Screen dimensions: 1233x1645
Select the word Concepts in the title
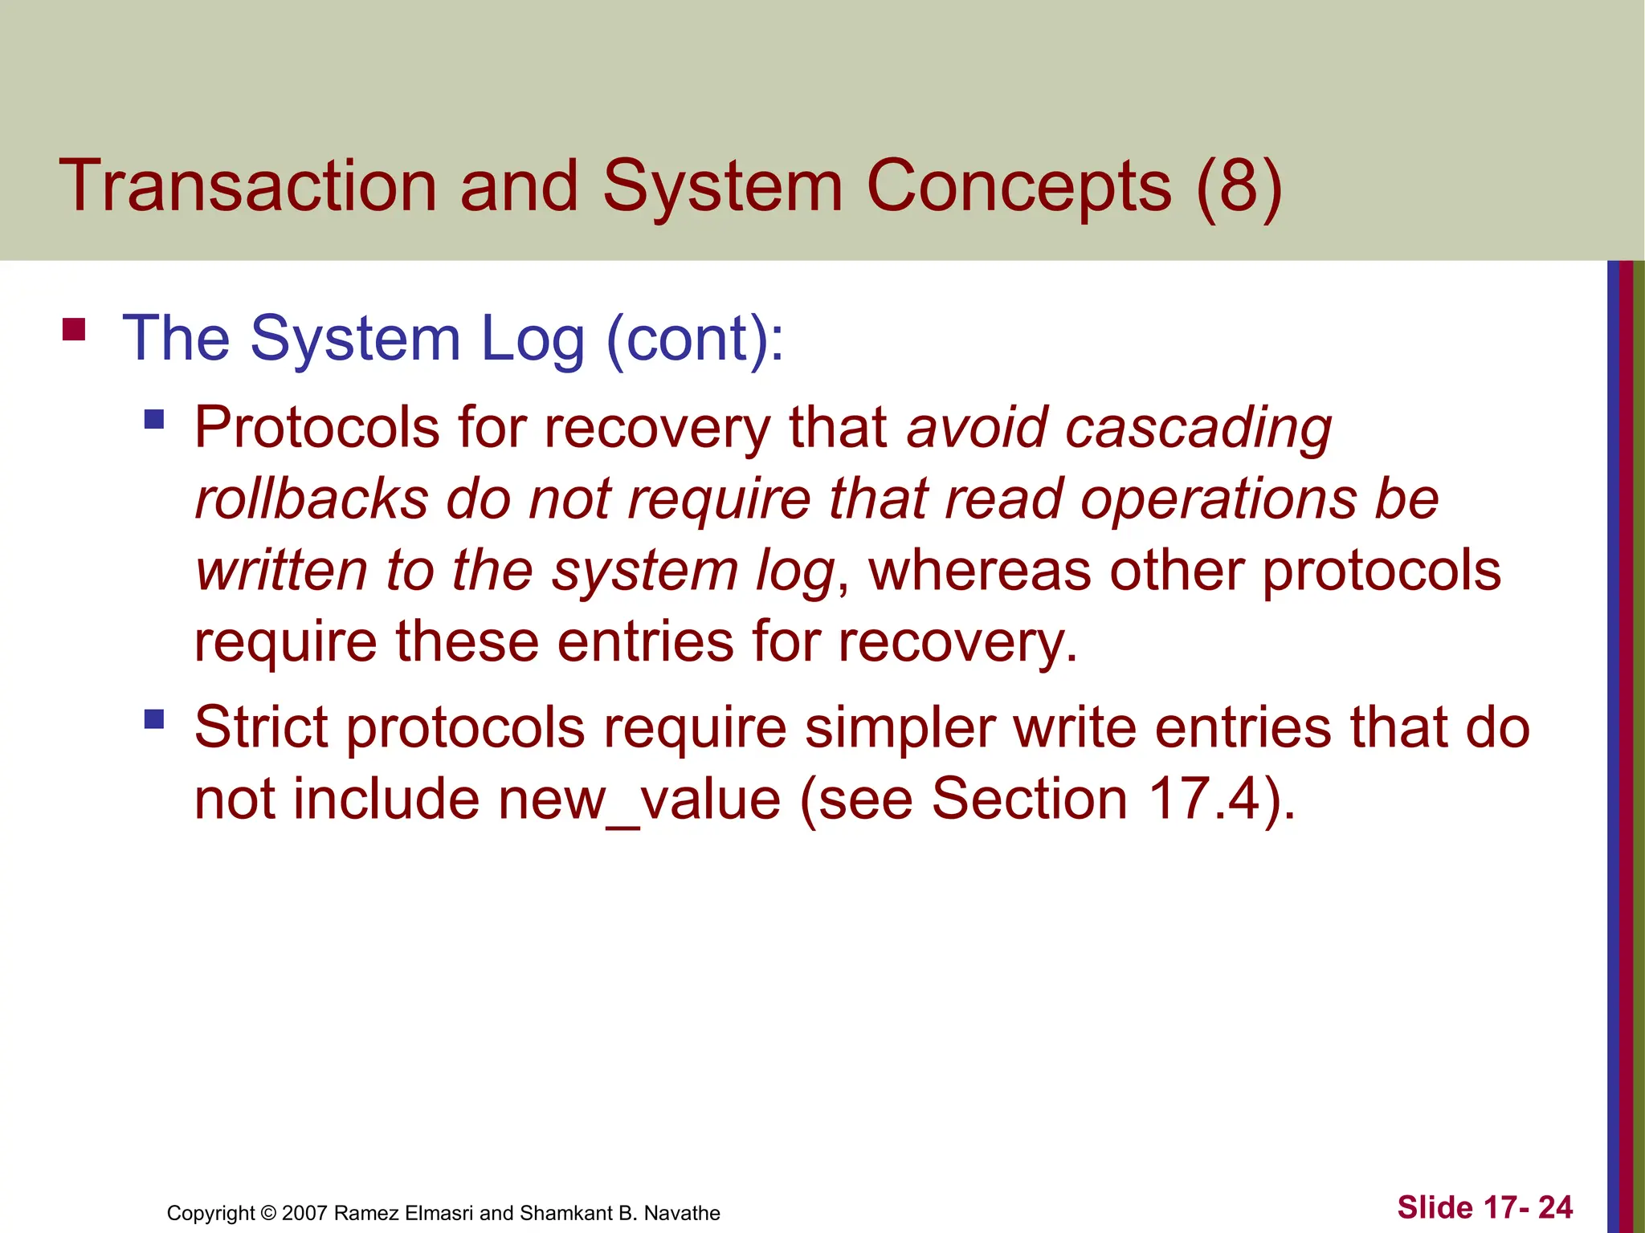[x=1018, y=188]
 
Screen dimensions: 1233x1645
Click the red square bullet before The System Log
[x=74, y=330]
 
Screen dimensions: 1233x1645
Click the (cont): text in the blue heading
[x=695, y=339]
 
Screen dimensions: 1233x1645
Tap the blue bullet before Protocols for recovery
[x=154, y=419]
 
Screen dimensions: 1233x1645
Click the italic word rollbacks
[x=312, y=498]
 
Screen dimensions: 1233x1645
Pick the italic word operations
[x=1218, y=500]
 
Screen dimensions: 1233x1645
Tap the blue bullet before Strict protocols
[x=154, y=718]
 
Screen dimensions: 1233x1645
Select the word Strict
[x=260, y=727]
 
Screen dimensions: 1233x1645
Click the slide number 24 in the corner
[x=1555, y=1207]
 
